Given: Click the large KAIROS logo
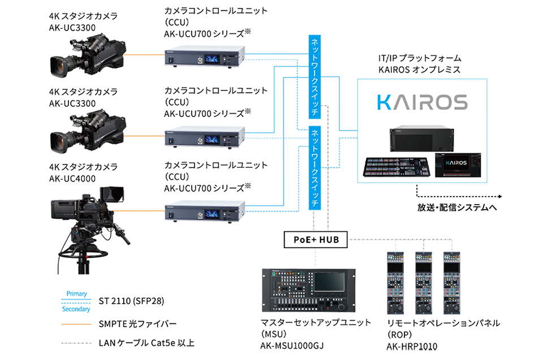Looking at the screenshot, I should click(422, 102).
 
